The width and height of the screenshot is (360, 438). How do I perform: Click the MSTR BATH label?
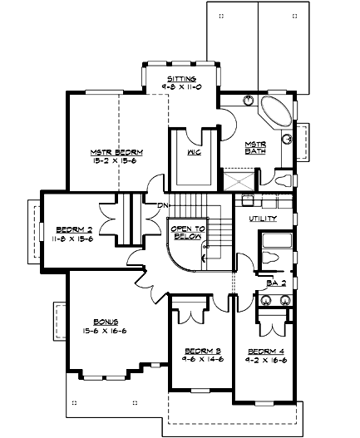254,148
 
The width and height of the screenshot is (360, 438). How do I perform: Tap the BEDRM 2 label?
73,229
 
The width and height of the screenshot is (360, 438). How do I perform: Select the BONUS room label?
106,321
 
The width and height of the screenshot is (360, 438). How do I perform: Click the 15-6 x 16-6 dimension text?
106,330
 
